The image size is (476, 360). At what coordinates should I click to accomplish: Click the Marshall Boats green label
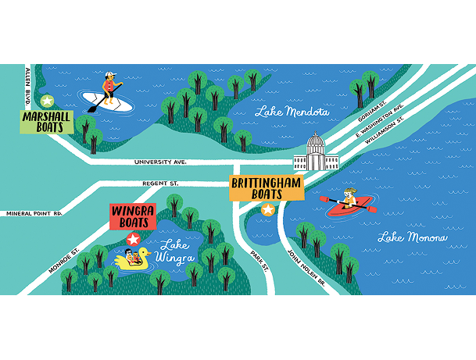46,122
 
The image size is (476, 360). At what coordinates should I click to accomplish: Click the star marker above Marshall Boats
47,101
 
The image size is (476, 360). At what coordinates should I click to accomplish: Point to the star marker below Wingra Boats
134,239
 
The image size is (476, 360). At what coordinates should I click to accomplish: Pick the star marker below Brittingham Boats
268,209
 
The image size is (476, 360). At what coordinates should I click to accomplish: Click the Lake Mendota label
292,112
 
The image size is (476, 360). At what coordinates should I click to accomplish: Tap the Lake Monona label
412,237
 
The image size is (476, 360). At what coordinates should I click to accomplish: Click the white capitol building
316,155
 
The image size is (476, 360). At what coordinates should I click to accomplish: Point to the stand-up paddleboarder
109,91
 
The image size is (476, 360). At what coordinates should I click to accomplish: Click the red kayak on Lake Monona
348,205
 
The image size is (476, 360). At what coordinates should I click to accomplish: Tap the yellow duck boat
134,259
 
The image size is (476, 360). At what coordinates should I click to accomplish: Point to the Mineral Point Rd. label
34,212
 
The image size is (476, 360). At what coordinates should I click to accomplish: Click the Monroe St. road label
64,259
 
